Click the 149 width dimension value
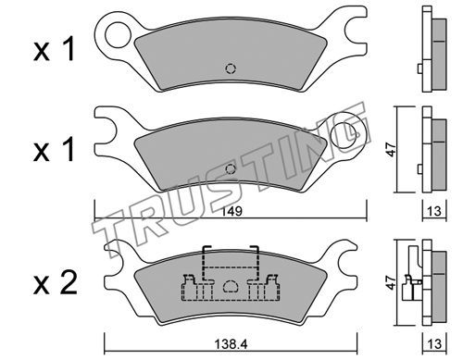click(232, 212)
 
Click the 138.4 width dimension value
click(231, 344)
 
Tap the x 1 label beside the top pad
click(55, 48)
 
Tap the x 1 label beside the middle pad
click(55, 149)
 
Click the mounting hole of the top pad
click(118, 34)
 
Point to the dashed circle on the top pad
click(231, 68)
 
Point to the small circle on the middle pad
click(231, 169)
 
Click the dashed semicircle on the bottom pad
click(231, 286)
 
